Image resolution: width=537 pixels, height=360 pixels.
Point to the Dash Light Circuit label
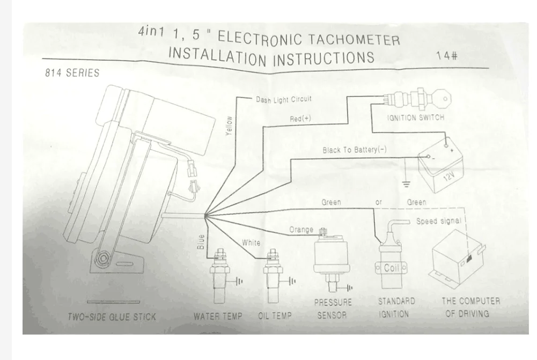tap(283, 99)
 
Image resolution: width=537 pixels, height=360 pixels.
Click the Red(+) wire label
tap(300, 119)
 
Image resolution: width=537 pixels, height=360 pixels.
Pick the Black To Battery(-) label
tap(354, 150)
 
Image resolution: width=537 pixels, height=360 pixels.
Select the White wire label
tap(251, 243)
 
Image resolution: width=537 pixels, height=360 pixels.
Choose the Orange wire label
tap(301, 230)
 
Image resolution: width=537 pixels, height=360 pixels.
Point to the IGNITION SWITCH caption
tap(416, 117)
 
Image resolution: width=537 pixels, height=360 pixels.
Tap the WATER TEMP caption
tap(218, 316)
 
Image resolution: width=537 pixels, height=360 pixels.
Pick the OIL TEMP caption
tap(275, 316)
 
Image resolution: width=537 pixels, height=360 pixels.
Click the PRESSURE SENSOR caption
tap(333, 309)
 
